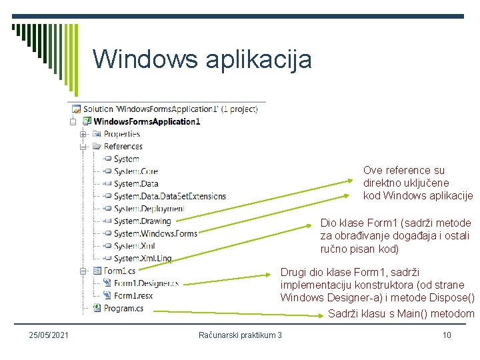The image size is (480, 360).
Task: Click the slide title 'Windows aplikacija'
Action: (202, 59)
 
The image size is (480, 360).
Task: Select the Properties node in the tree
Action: (121, 134)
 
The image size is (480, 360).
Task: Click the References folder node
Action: (123, 146)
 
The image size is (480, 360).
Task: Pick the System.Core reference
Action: (135, 171)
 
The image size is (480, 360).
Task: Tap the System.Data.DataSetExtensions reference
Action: (169, 196)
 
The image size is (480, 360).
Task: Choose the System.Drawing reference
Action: (142, 221)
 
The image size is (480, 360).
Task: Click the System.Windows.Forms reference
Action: (155, 233)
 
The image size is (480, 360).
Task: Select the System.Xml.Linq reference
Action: (142, 258)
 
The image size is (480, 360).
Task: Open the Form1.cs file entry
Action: (119, 271)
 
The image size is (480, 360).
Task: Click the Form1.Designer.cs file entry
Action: (146, 283)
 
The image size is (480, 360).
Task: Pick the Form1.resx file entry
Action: (133, 295)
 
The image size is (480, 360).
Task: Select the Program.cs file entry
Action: (123, 308)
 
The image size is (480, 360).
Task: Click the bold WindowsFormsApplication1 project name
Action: (147, 121)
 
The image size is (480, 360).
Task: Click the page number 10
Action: (447, 335)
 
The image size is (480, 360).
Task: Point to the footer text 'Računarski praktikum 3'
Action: (240, 335)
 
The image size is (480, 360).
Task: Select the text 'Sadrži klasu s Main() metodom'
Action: (401, 314)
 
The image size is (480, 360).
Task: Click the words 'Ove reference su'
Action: (404, 171)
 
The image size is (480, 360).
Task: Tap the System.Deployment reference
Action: (149, 209)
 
